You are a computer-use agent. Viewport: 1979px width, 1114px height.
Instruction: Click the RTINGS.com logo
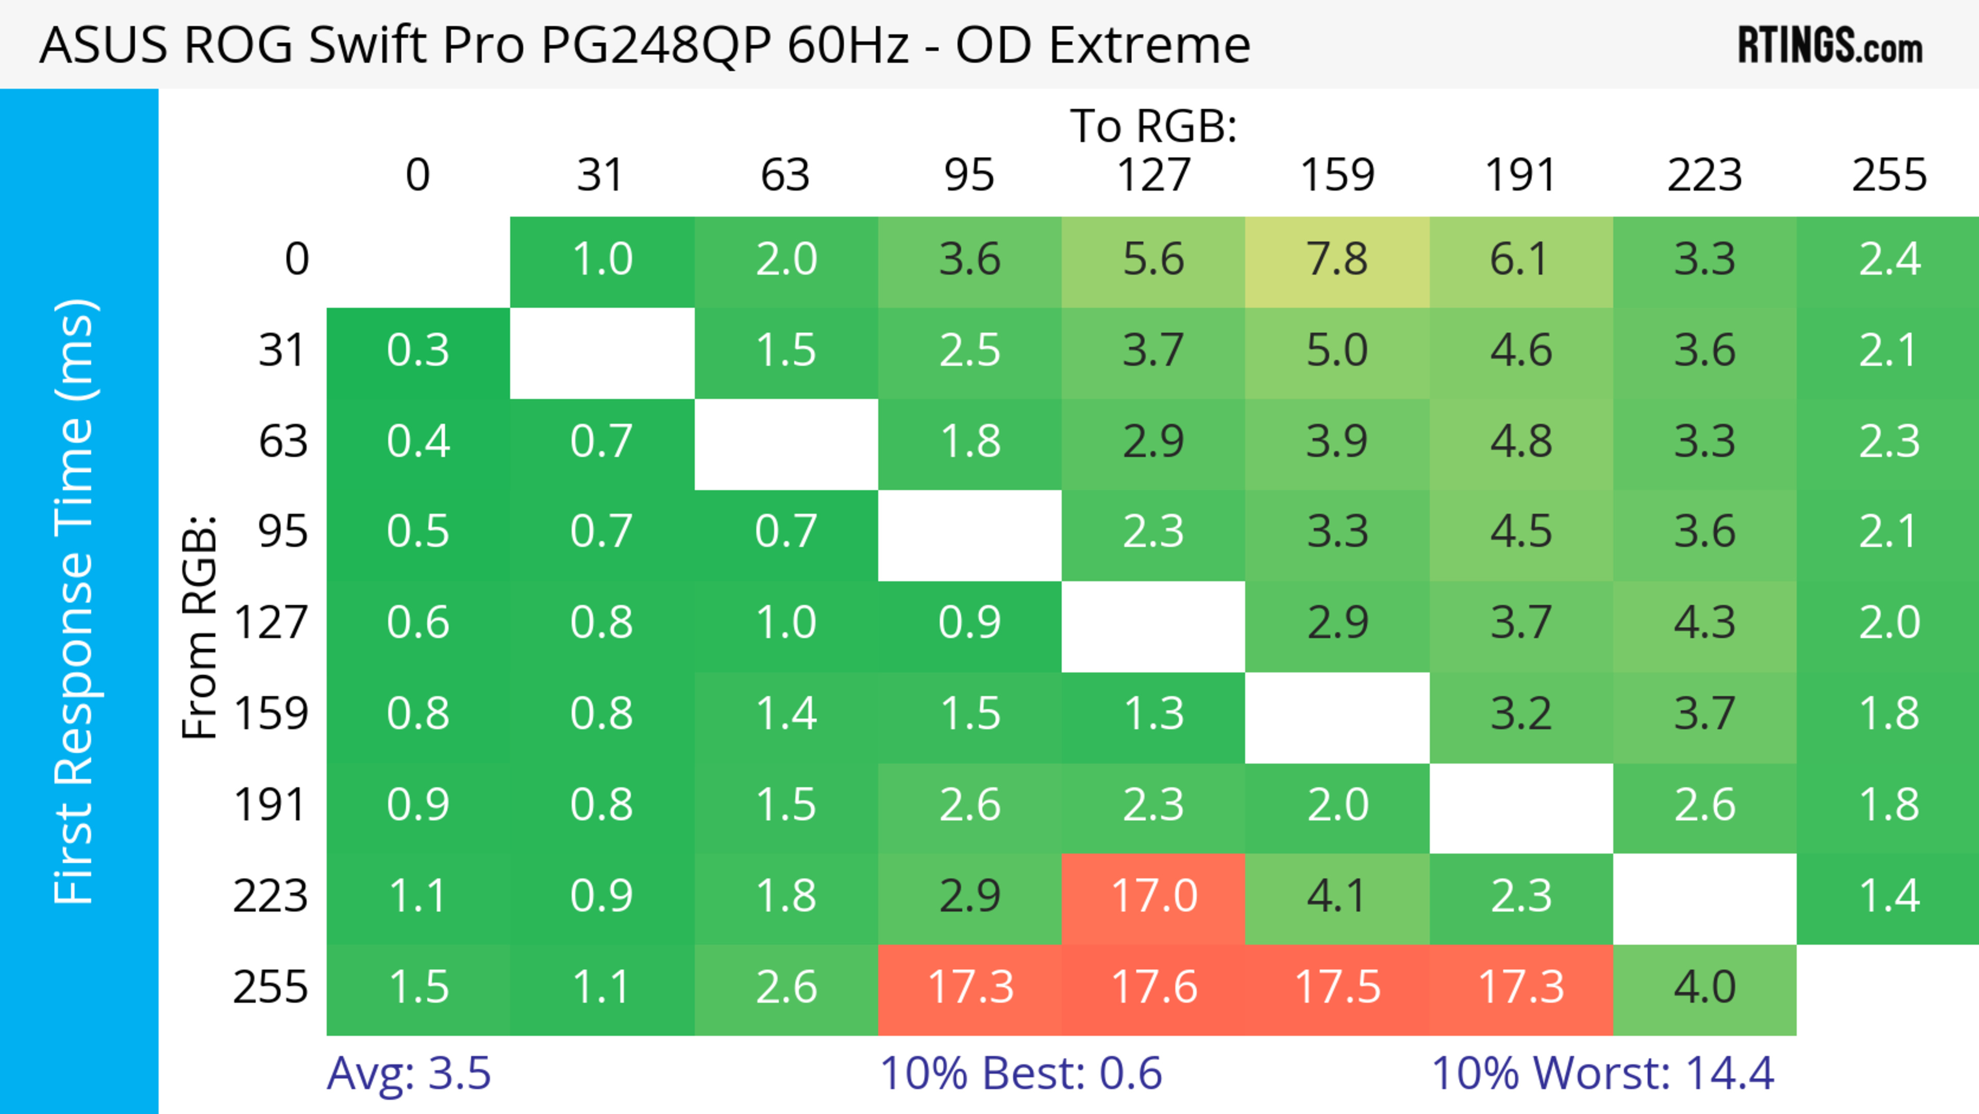[x=1830, y=46]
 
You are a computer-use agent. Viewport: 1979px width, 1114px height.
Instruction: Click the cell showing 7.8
[x=1337, y=260]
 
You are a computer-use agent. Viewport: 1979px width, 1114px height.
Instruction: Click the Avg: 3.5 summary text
[x=409, y=1073]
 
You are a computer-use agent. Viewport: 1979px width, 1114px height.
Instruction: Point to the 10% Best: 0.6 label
[x=1020, y=1073]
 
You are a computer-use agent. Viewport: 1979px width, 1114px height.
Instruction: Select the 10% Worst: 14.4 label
[x=1603, y=1073]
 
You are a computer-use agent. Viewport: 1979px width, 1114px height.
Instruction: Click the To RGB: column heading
[x=1153, y=126]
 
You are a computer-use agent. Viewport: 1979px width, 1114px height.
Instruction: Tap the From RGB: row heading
[x=200, y=627]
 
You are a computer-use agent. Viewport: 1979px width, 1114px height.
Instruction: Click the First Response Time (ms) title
[x=75, y=601]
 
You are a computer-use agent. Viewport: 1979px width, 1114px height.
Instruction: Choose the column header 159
[x=1337, y=175]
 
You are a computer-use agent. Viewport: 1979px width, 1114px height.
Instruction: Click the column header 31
[x=601, y=175]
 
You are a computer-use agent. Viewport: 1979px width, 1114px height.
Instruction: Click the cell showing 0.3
[x=418, y=351]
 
